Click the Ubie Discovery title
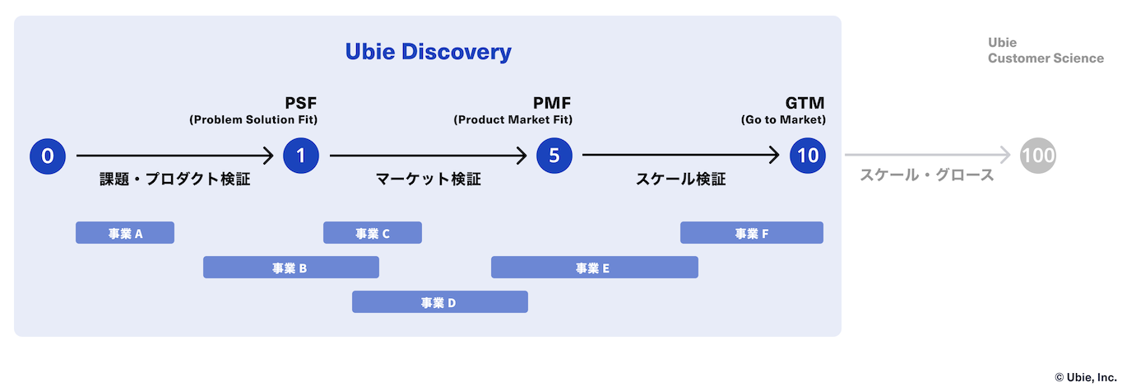428,52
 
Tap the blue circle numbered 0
48,156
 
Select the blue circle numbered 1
301,156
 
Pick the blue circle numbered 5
554,156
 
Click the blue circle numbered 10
808,156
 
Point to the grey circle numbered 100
1038,156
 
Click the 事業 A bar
125,233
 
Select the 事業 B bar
291,267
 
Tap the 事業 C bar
373,233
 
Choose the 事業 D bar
440,302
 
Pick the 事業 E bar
595,267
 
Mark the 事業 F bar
752,233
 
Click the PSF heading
301,103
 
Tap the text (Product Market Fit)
513,120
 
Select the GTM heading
805,103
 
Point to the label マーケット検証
428,180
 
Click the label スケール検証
681,180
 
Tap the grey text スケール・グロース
927,175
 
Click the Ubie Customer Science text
1046,50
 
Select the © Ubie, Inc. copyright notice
1086,377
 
